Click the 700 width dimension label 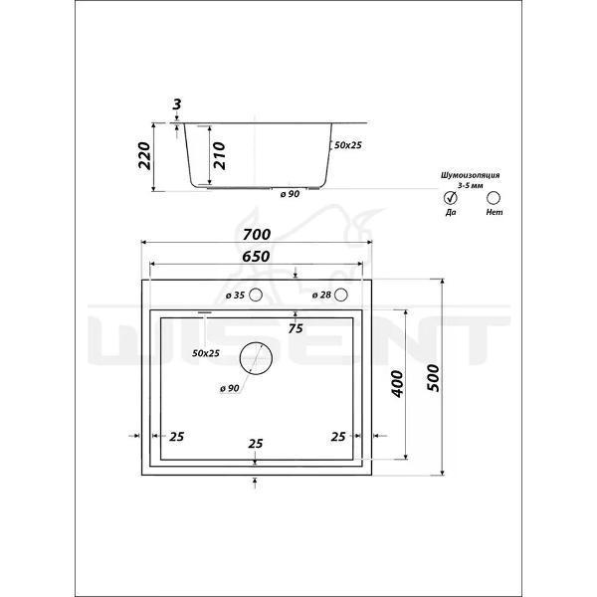point(257,234)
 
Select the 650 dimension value point(256,257)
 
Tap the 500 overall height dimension point(433,378)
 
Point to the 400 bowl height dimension point(397,384)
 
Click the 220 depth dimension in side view point(144,155)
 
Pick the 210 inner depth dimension point(220,155)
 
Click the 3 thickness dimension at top point(177,103)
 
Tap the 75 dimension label point(296,328)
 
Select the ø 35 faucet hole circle point(256,295)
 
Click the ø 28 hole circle point(341,295)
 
